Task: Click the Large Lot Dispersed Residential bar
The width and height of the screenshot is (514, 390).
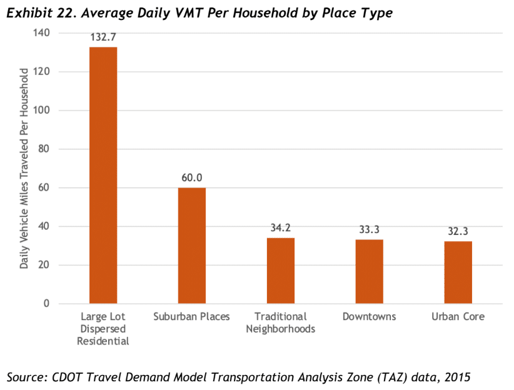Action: pyautogui.click(x=103, y=176)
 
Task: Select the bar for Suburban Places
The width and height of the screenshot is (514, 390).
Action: pyautogui.click(x=192, y=246)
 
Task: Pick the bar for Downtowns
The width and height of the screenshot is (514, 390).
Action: pyautogui.click(x=370, y=271)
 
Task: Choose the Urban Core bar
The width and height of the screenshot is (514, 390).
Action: pyautogui.click(x=458, y=272)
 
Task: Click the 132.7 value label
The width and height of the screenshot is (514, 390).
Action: pyautogui.click(x=103, y=37)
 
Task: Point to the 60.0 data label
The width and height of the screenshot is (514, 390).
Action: pyautogui.click(x=191, y=177)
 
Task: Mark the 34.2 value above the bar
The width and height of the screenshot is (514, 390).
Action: pyautogui.click(x=280, y=227)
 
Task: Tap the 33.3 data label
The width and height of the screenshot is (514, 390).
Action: pyautogui.click(x=370, y=229)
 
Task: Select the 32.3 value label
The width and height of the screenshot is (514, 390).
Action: pyautogui.click(x=458, y=231)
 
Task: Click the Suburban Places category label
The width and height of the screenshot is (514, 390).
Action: pyautogui.click(x=191, y=316)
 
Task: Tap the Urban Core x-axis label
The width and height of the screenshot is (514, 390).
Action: pyautogui.click(x=458, y=316)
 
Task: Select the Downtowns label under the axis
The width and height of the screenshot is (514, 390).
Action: pyautogui.click(x=370, y=316)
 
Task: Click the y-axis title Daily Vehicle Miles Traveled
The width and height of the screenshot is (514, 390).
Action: pyautogui.click(x=24, y=169)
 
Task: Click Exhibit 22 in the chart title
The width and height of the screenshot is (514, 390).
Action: pyautogui.click(x=43, y=12)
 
